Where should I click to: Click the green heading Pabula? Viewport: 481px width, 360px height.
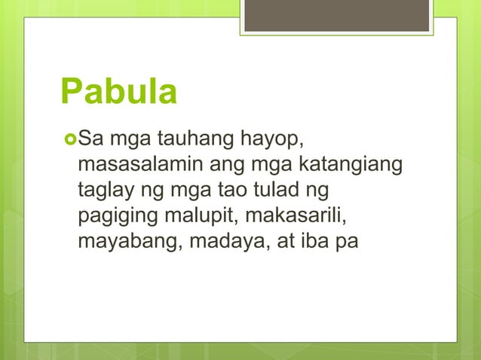118,93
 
